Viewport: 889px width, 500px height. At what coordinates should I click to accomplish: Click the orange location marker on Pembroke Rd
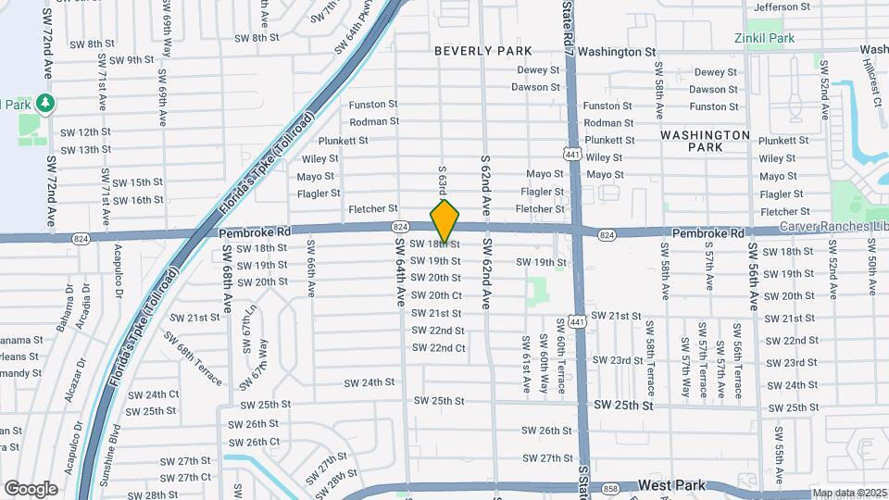click(445, 220)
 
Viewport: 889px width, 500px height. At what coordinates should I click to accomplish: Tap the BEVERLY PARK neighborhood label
click(483, 51)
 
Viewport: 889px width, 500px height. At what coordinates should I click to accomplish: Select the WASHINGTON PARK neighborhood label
click(705, 141)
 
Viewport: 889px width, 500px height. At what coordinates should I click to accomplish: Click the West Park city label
click(671, 485)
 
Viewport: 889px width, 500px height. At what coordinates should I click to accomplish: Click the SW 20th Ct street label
click(438, 295)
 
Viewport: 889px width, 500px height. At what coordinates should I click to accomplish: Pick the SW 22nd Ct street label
click(438, 348)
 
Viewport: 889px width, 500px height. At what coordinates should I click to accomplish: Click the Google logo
click(30, 488)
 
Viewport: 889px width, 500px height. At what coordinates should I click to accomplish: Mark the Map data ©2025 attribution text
click(850, 494)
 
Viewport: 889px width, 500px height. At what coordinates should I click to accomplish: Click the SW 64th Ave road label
click(400, 272)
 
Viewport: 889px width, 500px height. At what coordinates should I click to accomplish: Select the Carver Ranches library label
click(833, 227)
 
